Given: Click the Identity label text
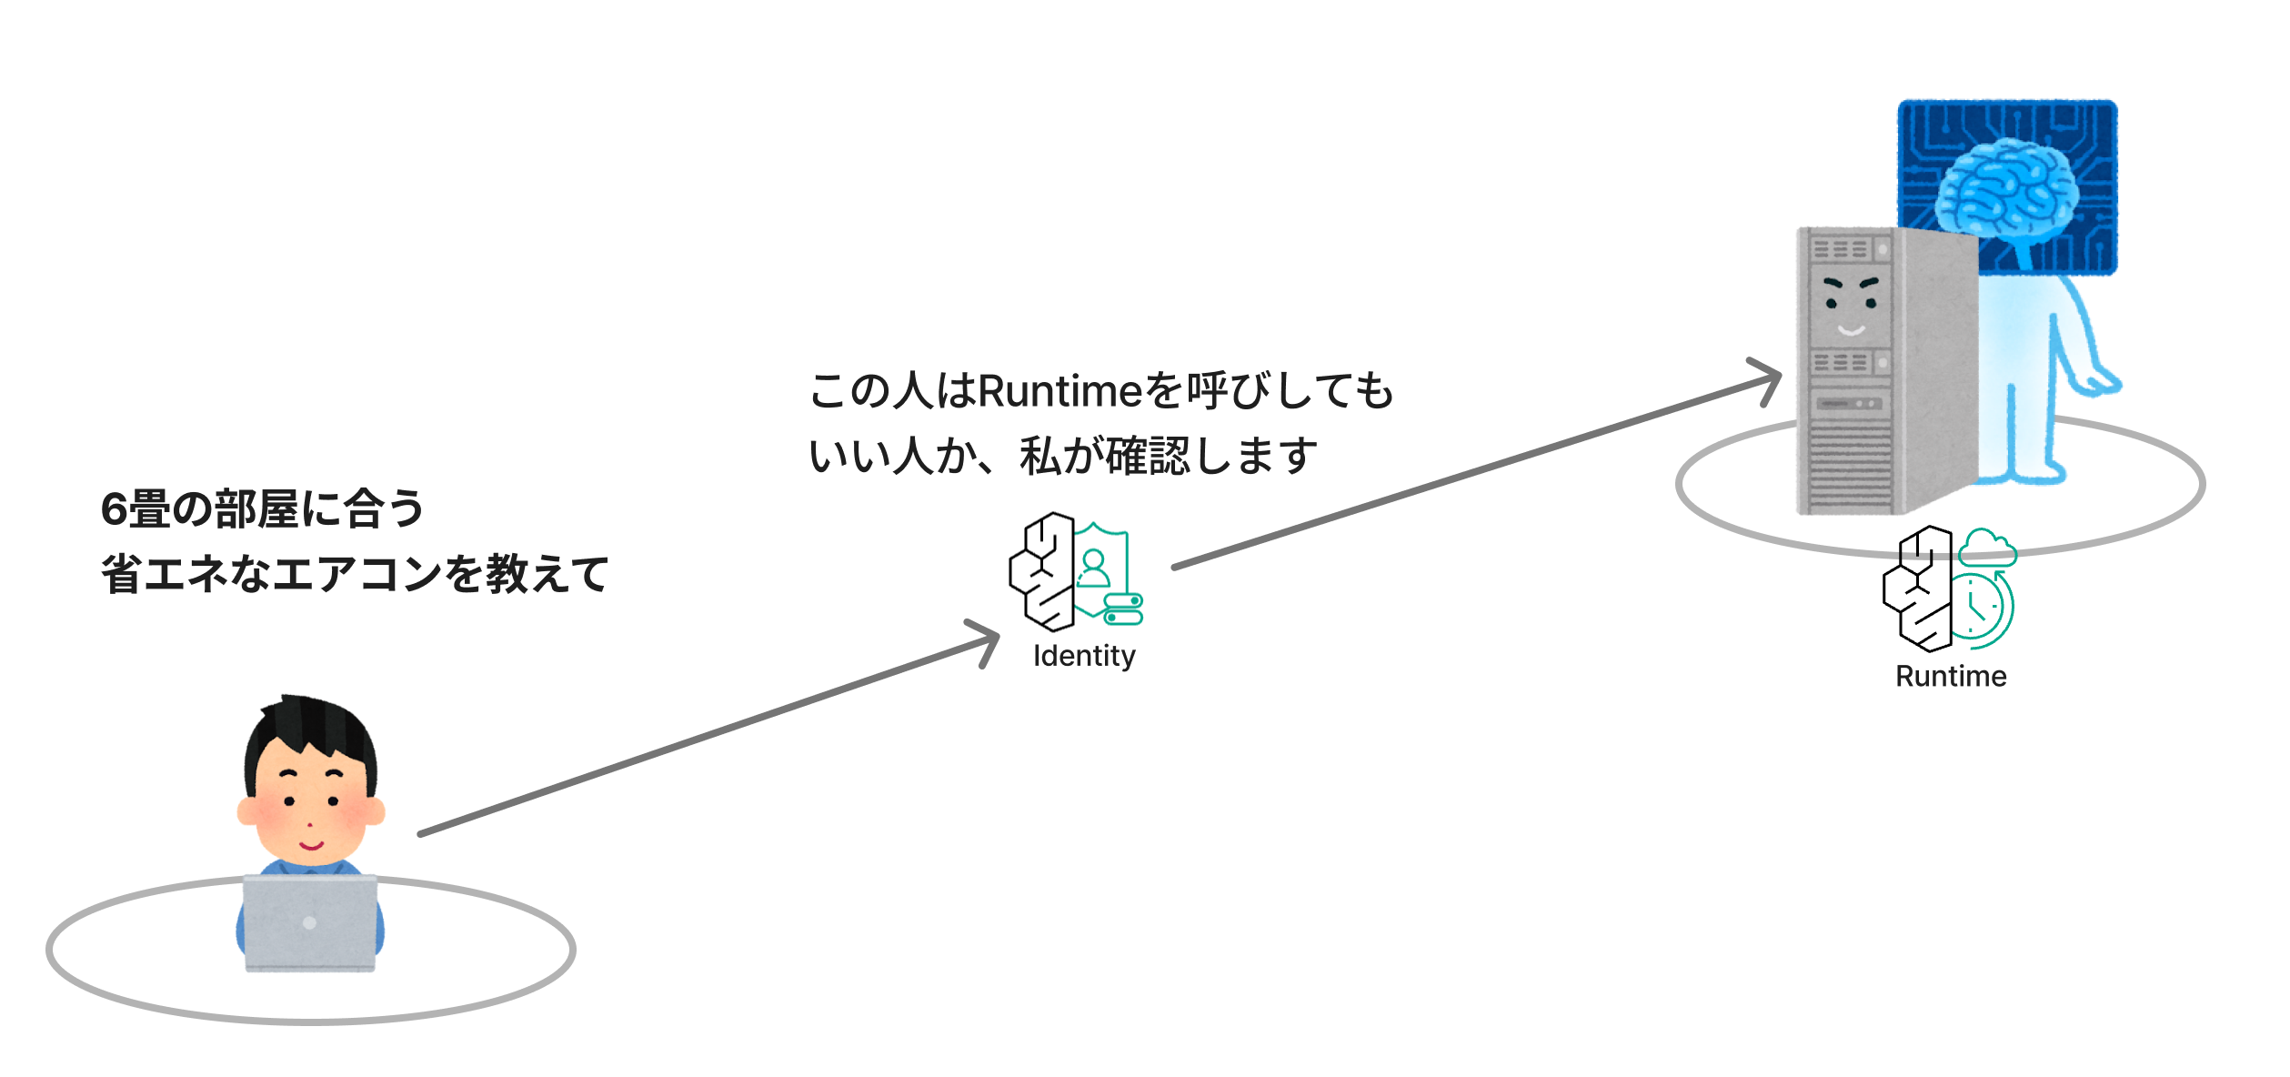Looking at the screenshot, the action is coord(1084,656).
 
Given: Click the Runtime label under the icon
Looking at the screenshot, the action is coord(1951,676).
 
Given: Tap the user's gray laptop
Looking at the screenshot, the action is coord(310,923).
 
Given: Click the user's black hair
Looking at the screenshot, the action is coord(310,732).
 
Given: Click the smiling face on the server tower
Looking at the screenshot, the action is coord(1851,306).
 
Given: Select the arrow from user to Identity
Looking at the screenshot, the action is coord(709,728).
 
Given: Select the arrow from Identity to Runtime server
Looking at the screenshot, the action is coord(1477,463).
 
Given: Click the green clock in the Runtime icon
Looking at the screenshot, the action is coord(1983,607).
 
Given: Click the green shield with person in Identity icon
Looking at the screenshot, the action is coord(1101,569).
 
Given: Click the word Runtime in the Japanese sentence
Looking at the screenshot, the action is coord(1060,391).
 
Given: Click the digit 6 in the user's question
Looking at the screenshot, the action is coord(114,508).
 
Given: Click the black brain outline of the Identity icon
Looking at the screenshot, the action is coord(1042,571).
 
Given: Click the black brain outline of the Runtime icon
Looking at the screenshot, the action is coord(1918,589).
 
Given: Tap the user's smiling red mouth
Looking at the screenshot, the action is coord(312,846).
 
